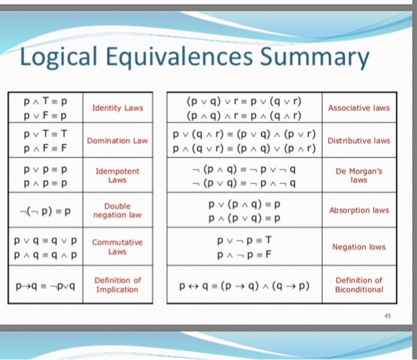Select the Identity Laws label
pos(117,108)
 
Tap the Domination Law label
pos(117,141)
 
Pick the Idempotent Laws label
pos(117,175)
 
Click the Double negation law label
pos(117,210)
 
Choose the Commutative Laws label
pos(117,247)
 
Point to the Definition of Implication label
pos(117,285)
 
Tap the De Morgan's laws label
pos(359,175)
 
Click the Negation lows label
pos(359,247)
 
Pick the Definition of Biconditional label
pos(359,285)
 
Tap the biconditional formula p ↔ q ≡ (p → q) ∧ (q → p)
pos(245,285)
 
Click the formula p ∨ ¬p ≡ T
pos(245,240)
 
